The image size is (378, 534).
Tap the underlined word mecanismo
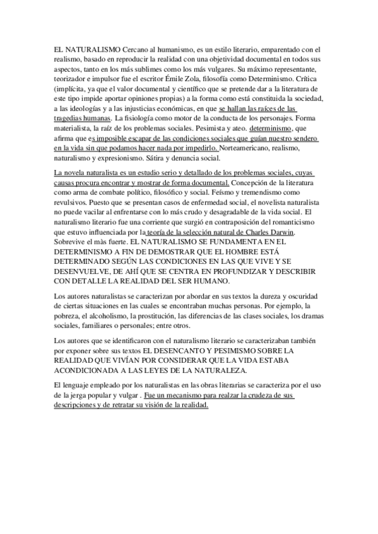187,395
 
